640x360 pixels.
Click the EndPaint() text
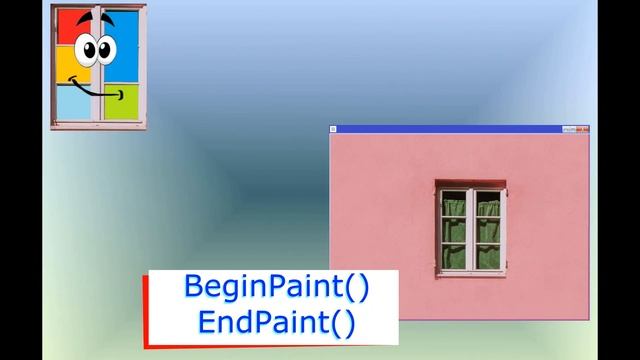277,322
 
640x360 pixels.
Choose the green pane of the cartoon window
126,99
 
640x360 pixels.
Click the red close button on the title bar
583,129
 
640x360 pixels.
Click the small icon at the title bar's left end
334,129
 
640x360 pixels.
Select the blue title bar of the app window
450,129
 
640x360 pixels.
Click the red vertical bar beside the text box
146,305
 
